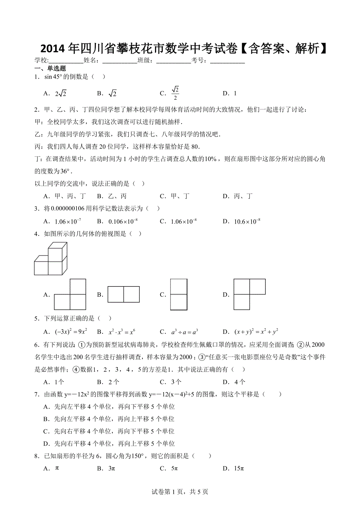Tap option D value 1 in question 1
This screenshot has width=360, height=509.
click(235, 93)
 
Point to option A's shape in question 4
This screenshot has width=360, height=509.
click(70, 294)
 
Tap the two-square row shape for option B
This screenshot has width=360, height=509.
click(124, 294)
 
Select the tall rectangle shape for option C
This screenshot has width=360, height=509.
click(178, 294)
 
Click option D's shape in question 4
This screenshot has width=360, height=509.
click(249, 294)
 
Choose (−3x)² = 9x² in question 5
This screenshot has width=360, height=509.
click(70, 332)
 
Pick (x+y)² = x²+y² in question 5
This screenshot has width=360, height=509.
click(256, 332)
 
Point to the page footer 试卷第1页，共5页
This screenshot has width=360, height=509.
click(180, 492)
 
